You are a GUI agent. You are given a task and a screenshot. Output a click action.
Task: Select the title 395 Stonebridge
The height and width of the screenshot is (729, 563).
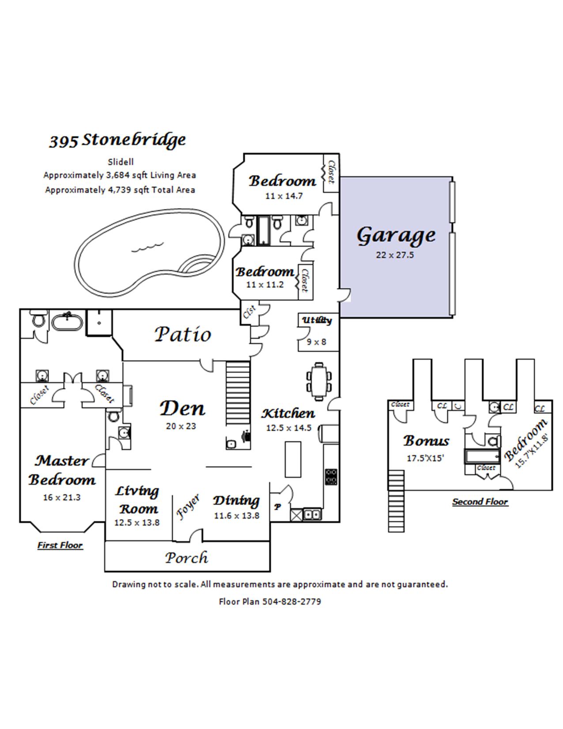(117, 140)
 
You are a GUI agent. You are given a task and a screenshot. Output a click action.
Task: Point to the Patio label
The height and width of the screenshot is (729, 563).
(183, 334)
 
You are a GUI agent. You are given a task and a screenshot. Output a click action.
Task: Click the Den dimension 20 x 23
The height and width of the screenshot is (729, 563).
(181, 426)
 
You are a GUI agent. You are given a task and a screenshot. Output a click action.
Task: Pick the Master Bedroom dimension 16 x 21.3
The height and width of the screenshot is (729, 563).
(62, 497)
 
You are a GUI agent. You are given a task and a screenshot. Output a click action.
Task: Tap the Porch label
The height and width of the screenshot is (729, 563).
(186, 558)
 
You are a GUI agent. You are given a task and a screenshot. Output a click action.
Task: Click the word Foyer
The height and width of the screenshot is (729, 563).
(188, 507)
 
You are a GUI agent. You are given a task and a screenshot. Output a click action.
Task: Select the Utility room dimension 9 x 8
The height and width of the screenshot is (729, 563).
(317, 342)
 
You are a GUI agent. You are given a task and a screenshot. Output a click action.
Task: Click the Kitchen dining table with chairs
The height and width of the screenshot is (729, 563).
(319, 381)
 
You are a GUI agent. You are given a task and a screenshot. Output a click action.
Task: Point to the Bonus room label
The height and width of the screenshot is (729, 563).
(426, 441)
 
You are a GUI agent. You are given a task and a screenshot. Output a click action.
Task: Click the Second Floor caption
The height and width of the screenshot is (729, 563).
(480, 502)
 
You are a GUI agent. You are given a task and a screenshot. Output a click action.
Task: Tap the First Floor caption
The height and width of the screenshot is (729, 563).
(60, 545)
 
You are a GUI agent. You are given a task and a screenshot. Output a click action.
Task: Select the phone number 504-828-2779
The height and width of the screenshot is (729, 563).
(292, 601)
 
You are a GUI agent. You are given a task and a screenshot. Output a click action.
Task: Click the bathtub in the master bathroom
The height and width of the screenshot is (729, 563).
(67, 322)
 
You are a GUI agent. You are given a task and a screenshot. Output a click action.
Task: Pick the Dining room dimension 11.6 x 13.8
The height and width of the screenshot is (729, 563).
(237, 516)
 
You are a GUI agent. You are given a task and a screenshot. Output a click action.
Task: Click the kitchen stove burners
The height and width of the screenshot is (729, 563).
(331, 477)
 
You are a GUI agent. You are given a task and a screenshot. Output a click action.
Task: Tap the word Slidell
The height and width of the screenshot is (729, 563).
(121, 162)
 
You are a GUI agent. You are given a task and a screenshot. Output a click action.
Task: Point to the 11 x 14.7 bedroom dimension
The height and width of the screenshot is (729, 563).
(284, 196)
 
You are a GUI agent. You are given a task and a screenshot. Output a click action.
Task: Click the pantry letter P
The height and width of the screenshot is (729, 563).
(277, 507)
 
